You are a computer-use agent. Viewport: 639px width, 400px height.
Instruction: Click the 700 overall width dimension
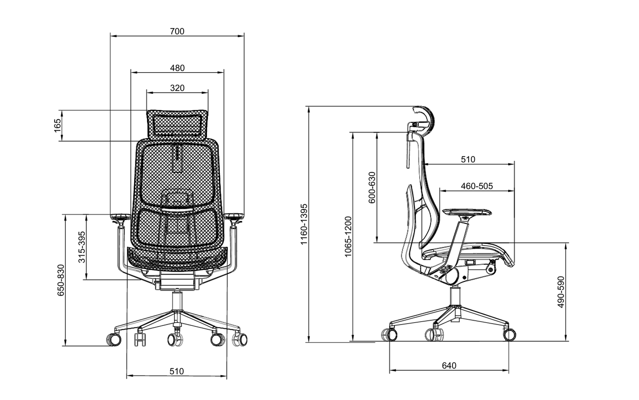pos(177,31)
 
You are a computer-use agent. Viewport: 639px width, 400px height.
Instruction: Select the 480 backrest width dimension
pos(177,68)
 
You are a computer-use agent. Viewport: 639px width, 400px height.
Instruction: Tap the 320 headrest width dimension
pos(177,88)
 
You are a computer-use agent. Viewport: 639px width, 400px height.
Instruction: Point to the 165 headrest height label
pos(58,126)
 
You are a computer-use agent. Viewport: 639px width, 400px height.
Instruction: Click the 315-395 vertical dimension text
pos(82,247)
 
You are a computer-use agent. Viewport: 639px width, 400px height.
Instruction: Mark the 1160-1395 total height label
pos(304,224)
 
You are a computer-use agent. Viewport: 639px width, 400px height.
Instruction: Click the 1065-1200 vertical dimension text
pos(348,237)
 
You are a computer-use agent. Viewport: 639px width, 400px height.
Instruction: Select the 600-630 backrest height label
pos(372,188)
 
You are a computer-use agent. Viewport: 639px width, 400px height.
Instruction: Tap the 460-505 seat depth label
pos(477,186)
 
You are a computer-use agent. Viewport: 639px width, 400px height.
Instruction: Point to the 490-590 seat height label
pos(561,292)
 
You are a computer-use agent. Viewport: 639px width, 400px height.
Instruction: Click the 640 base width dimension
pos(449,365)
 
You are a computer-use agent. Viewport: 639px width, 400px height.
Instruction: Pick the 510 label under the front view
pos(177,371)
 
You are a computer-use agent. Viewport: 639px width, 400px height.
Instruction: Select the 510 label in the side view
pos(468,159)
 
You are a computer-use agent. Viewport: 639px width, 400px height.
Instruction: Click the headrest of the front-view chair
pos(177,124)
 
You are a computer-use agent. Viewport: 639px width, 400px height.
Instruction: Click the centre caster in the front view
pos(175,339)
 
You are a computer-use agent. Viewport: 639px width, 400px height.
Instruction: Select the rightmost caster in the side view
pos(509,334)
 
